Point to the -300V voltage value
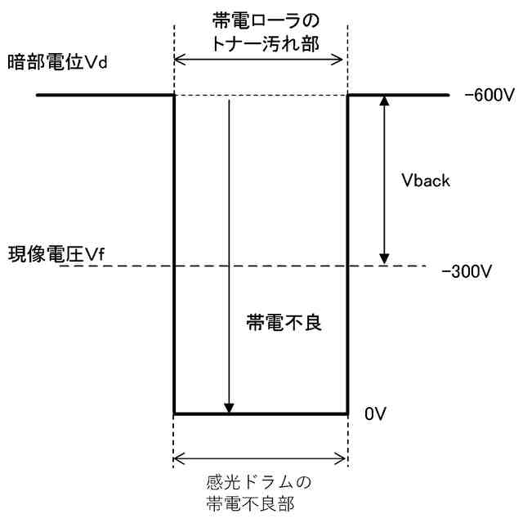[x=467, y=273]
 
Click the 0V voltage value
[x=375, y=414]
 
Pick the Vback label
[x=422, y=181]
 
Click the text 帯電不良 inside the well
[x=285, y=322]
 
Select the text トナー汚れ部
[x=261, y=41]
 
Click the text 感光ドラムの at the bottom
[x=261, y=479]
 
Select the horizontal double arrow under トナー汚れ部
[x=261, y=60]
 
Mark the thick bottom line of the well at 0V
[x=261, y=413]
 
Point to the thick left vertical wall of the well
[x=175, y=253]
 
